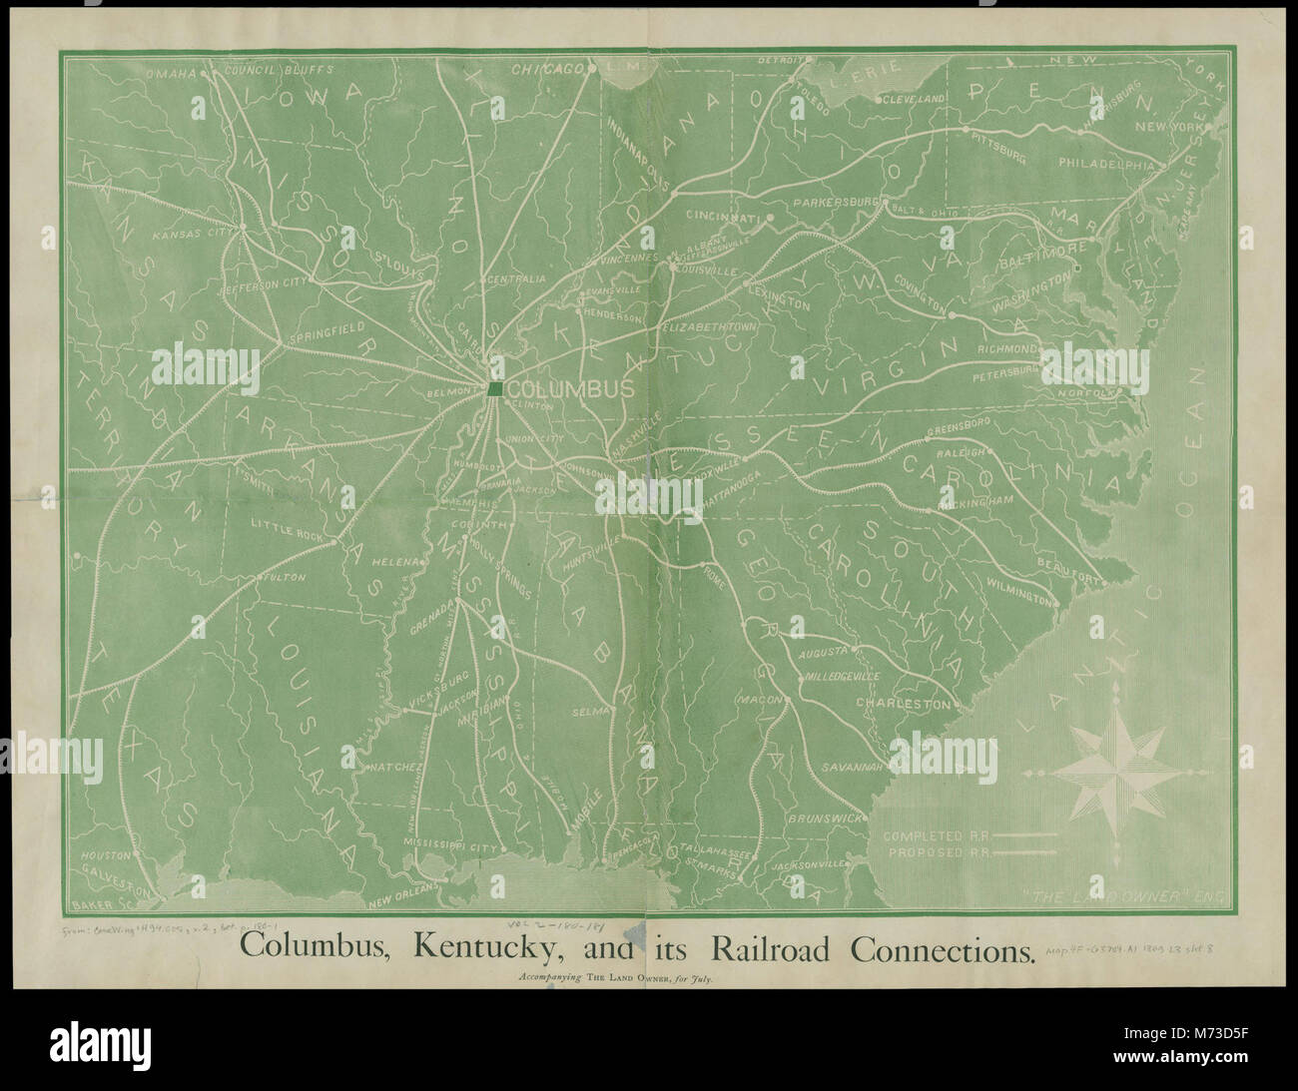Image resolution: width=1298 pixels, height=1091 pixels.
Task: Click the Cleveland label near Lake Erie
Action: point(911,100)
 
